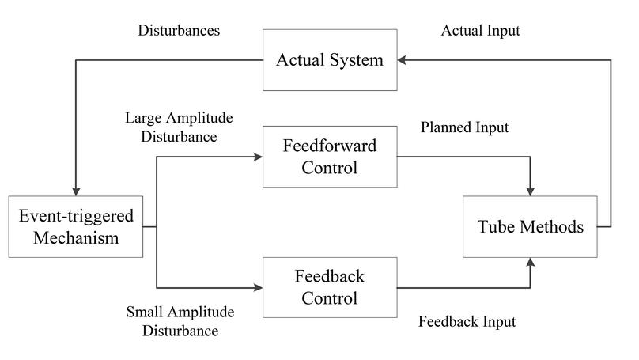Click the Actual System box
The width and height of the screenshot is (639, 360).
coord(329,60)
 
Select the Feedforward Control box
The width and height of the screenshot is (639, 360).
coord(329,157)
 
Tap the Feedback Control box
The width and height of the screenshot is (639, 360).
coord(329,287)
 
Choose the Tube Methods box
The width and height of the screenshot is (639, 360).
coord(531,227)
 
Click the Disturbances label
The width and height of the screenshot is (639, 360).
coord(179,32)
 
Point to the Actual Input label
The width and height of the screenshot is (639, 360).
coord(480,32)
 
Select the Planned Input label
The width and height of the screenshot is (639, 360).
coord(464,127)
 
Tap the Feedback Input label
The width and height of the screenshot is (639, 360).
coord(467,321)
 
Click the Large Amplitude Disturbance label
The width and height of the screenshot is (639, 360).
coord(179,127)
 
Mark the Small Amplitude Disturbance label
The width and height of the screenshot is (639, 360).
coord(179,321)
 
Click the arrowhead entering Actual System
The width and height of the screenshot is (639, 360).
coord(403,60)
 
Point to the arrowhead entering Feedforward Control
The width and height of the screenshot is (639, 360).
coord(257,157)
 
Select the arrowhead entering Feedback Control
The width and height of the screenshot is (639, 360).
coord(257,287)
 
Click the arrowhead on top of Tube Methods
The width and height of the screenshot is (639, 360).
coord(531,191)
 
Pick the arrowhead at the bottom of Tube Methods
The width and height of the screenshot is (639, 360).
coord(531,262)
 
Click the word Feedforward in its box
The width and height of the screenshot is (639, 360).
coord(329,147)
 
